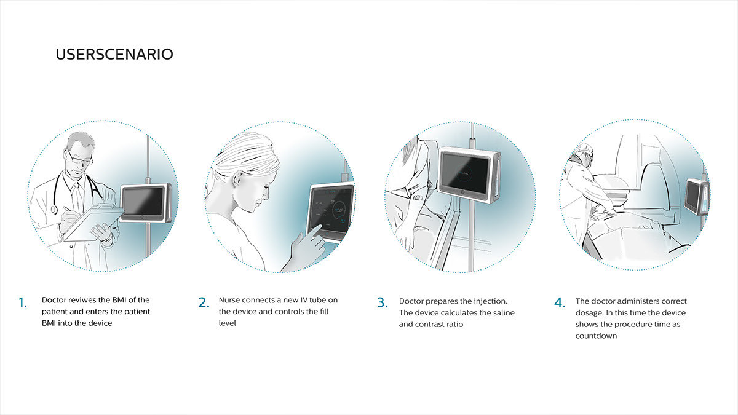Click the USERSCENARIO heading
coord(114,54)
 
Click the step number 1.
coord(22,302)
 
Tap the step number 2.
coord(204,302)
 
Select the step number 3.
coord(383,302)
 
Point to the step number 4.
coord(559,302)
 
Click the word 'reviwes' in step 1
coord(82,300)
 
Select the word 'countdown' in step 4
coord(596,336)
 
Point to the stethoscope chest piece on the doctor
coord(54,209)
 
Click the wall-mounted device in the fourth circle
coord(694,196)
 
